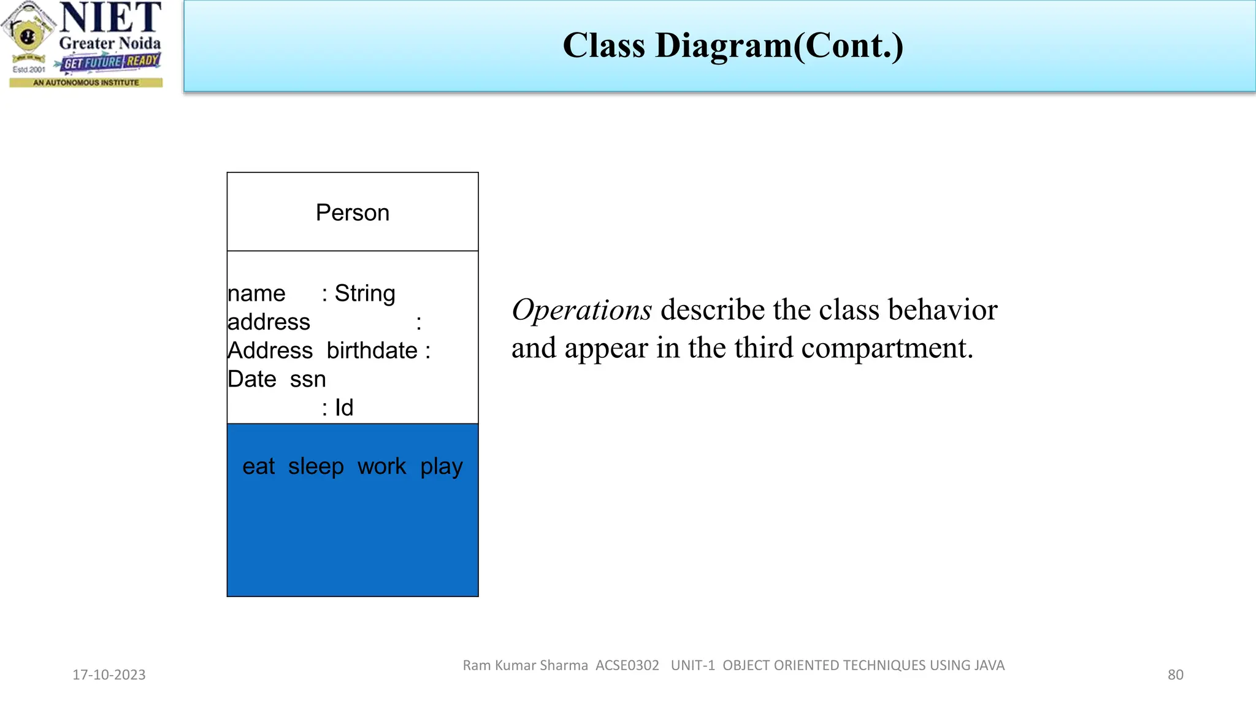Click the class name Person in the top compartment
352,213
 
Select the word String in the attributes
365,293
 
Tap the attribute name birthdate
372,350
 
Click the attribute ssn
308,379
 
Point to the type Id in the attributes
344,408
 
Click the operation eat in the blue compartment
258,466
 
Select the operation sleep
316,466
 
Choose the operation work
381,466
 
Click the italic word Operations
581,310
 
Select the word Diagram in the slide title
724,46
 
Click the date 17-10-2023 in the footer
109,675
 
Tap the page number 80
1175,675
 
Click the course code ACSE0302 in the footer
627,665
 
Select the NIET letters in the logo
110,18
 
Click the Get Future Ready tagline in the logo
110,62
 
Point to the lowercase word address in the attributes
269,322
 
